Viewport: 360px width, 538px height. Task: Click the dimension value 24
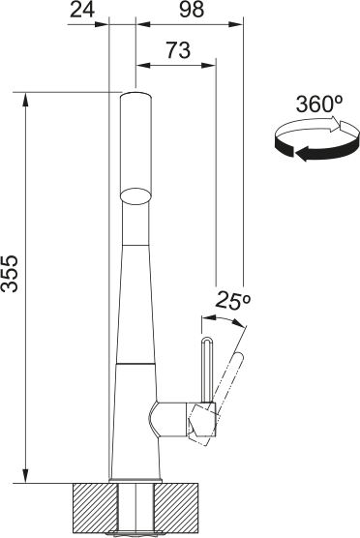pyautogui.click(x=84, y=10)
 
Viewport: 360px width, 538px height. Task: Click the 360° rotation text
pyautogui.click(x=316, y=104)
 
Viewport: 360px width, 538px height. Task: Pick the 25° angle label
pyautogui.click(x=233, y=301)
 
